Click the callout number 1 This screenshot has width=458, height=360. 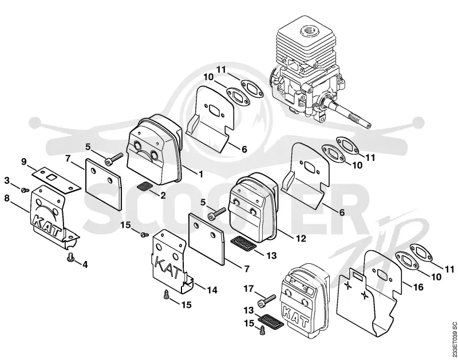(x=201, y=175)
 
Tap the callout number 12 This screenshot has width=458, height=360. (x=301, y=238)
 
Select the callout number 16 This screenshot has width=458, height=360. (x=418, y=287)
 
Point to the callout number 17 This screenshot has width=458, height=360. (x=249, y=289)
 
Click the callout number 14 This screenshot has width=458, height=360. (x=212, y=290)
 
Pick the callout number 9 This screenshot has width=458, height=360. (x=24, y=161)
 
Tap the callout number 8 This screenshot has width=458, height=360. (x=7, y=198)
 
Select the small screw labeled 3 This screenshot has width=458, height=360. (x=25, y=191)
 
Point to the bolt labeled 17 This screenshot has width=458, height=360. (x=267, y=300)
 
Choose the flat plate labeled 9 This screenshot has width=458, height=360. (x=56, y=180)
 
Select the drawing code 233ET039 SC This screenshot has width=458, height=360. (x=453, y=339)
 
